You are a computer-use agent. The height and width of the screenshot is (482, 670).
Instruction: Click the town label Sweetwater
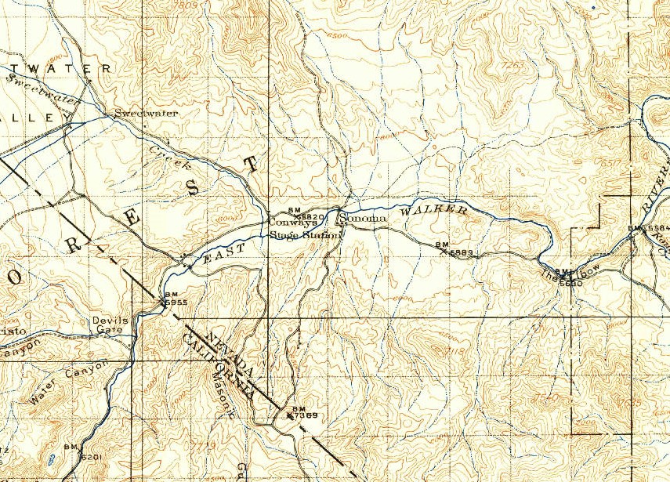click(x=146, y=113)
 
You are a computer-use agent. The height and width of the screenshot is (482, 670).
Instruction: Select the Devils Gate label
click(x=109, y=325)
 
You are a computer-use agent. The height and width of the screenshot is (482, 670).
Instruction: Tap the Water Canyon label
click(x=67, y=384)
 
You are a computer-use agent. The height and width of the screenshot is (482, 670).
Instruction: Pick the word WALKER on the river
click(x=433, y=212)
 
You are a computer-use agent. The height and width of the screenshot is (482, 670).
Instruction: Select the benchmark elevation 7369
click(x=306, y=415)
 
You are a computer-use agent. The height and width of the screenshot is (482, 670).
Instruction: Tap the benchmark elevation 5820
click(x=313, y=216)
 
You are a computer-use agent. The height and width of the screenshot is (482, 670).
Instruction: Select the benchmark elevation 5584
click(x=659, y=228)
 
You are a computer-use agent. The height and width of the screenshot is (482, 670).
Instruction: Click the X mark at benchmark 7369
click(x=291, y=416)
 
